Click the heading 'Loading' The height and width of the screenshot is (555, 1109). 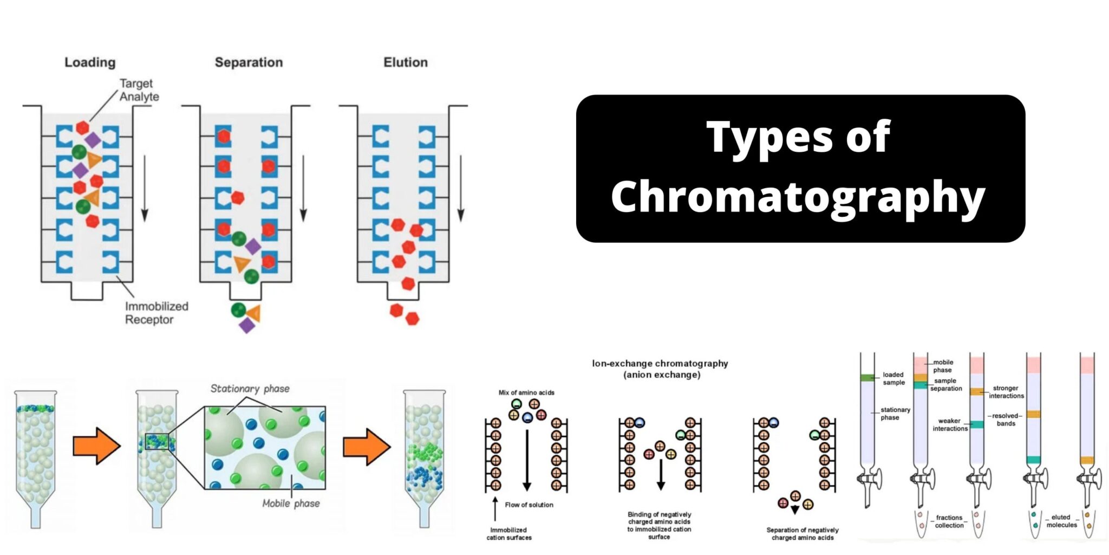[x=90, y=62]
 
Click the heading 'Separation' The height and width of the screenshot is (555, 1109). [x=249, y=62]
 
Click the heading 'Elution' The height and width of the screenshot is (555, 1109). [x=405, y=62]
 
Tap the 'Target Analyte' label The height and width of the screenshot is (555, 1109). [x=139, y=90]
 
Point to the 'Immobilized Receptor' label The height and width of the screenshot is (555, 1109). [x=156, y=313]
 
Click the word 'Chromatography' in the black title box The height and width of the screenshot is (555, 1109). [x=798, y=197]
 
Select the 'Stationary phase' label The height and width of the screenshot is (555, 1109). [x=250, y=389]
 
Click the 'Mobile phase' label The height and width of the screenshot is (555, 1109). [x=291, y=504]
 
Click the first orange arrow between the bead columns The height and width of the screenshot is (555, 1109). [x=96, y=446]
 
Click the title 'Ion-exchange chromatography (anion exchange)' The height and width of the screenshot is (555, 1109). [x=660, y=369]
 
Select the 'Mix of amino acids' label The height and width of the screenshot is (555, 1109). [x=526, y=392]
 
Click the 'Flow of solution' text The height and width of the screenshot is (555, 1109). [x=529, y=505]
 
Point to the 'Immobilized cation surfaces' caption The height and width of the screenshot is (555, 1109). [x=508, y=534]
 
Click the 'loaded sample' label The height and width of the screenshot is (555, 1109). [x=893, y=378]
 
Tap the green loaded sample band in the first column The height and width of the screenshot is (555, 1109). [x=867, y=378]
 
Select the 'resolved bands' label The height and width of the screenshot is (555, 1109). [x=1006, y=420]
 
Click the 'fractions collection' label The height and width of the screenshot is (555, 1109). [x=949, y=521]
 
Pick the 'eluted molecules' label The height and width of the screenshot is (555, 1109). [x=1061, y=521]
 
